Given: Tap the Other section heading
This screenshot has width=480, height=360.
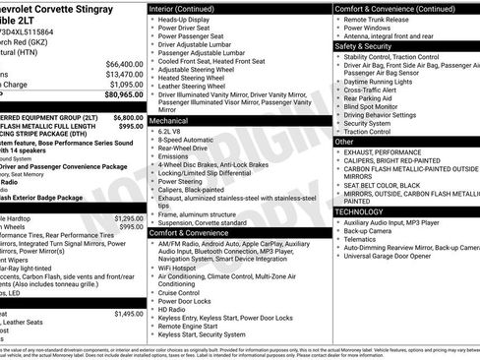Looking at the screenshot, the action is point(345,142).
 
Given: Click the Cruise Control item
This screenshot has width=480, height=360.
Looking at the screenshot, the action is point(187,292).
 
